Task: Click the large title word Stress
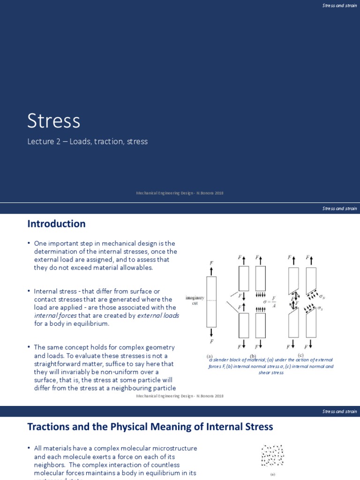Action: (x=53, y=120)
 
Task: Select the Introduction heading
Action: (x=56, y=224)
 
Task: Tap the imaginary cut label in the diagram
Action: (x=195, y=300)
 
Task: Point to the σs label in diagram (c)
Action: (x=320, y=308)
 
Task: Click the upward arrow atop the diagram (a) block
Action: (x=211, y=271)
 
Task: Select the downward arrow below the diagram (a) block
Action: (x=211, y=332)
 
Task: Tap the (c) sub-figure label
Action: (x=300, y=355)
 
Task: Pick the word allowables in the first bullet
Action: (x=137, y=268)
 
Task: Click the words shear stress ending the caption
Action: (x=271, y=373)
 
